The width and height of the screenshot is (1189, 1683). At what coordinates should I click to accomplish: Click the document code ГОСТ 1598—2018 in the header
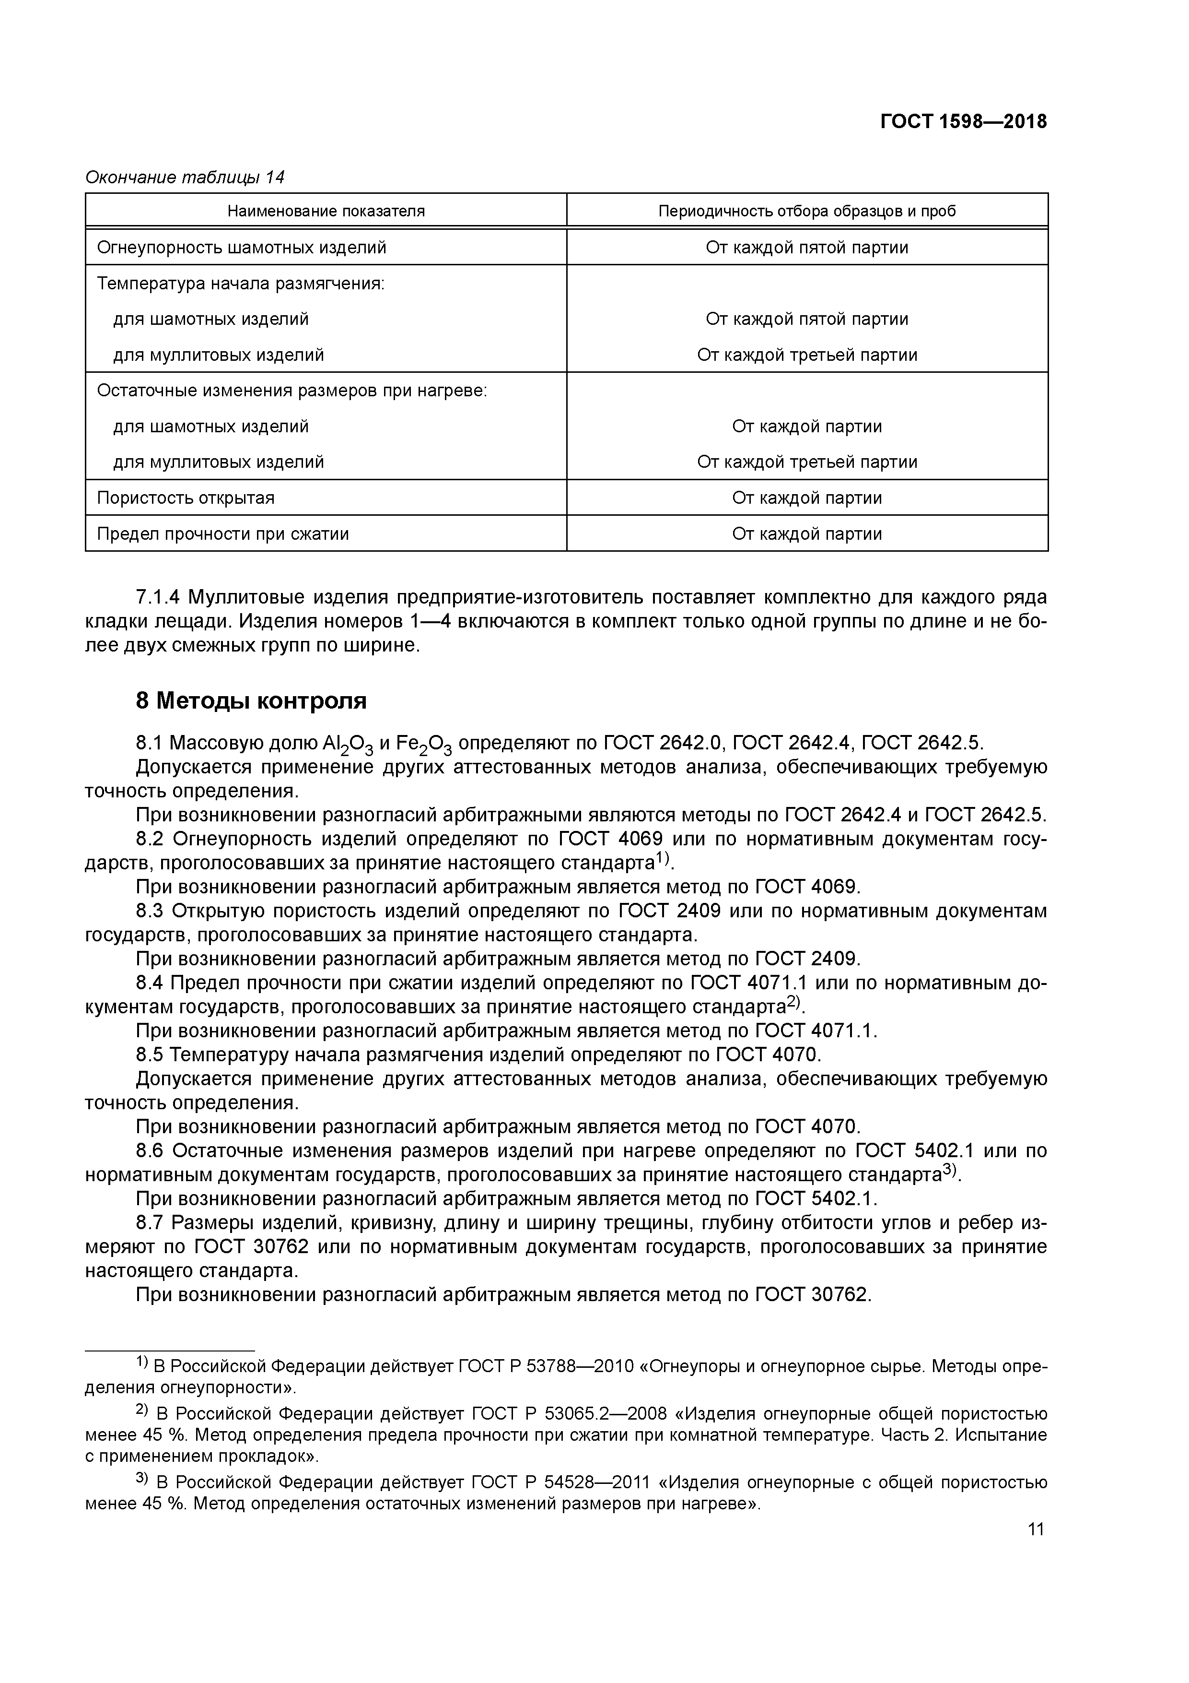(x=963, y=122)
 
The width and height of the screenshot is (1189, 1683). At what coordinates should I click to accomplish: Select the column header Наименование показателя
(x=326, y=211)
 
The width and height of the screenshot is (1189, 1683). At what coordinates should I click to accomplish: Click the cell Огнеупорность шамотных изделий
(x=242, y=248)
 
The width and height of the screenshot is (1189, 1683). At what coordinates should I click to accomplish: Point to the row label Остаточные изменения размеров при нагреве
(x=291, y=391)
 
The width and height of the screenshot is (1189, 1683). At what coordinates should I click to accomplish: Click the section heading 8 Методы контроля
(x=251, y=701)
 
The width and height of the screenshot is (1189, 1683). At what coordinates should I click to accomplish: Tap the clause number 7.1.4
(x=159, y=597)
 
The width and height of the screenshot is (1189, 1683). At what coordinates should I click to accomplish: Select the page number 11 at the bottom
(x=1036, y=1529)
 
